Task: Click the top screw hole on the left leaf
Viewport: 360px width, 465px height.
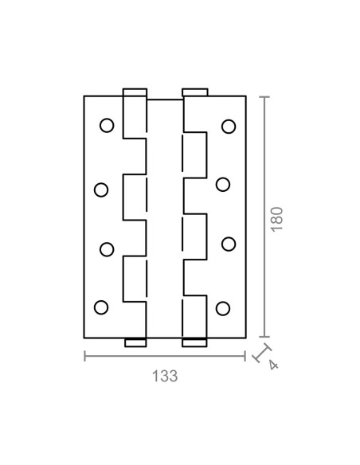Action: coord(107,126)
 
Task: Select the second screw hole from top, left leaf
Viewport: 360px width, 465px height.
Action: coord(101,190)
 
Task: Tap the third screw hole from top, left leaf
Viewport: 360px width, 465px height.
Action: coord(107,249)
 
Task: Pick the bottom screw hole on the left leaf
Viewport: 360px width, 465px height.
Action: coord(101,307)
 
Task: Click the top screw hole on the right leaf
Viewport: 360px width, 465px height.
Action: coord(229,127)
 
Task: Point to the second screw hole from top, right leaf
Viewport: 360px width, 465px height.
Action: coord(223,185)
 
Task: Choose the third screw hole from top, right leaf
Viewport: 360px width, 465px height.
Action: coord(229,244)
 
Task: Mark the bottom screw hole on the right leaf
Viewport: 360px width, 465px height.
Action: coord(223,308)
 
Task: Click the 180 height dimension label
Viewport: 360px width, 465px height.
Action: coord(277,220)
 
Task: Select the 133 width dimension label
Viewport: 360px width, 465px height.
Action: coord(165,376)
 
